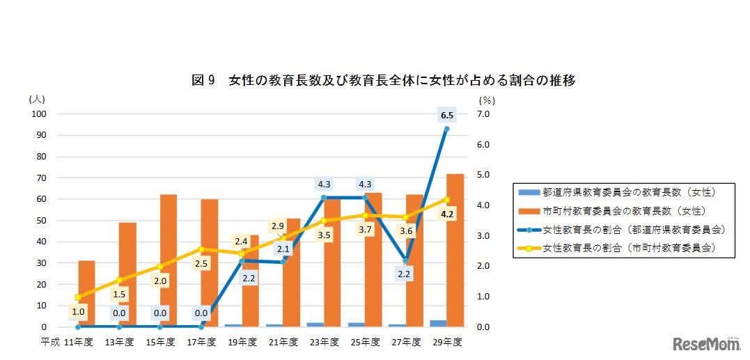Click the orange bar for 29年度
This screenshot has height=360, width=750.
click(x=455, y=251)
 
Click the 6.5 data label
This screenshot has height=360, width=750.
click(x=447, y=115)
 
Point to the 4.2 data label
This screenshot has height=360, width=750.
click(x=447, y=214)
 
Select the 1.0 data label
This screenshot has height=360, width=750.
click(x=77, y=312)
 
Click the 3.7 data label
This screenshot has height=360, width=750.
click(x=365, y=229)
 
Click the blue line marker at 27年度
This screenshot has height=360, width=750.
click(x=406, y=261)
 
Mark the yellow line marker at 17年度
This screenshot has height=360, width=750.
click(x=201, y=249)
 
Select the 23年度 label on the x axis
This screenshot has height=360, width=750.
click(x=324, y=342)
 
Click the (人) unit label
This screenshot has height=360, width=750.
click(x=36, y=100)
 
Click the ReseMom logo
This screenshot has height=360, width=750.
click(x=705, y=343)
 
